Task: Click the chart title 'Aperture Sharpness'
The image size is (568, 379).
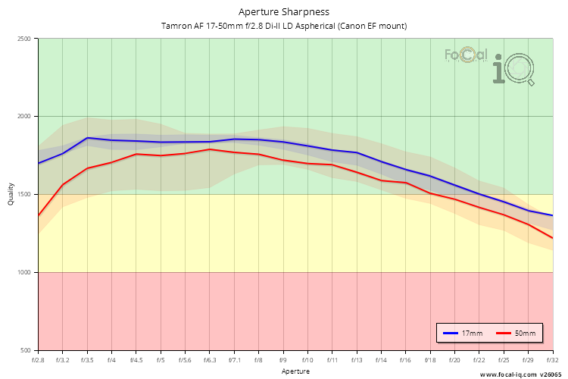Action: point(284,11)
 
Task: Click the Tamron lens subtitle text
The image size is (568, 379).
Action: point(284,26)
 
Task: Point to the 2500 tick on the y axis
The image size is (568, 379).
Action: point(24,39)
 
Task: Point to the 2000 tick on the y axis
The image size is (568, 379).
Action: point(24,117)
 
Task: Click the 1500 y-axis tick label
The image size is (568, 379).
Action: point(24,195)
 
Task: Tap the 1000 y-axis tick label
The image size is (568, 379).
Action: point(24,272)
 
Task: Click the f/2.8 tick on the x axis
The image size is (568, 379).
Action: point(38,360)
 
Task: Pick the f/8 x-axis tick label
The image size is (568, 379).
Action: point(258,360)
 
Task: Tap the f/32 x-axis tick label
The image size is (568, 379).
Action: point(552,360)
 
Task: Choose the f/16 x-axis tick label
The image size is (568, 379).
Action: point(405,360)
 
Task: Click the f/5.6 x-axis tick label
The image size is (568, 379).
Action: point(185,360)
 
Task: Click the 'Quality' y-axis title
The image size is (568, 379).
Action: point(11,195)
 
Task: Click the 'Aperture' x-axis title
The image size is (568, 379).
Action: point(295,371)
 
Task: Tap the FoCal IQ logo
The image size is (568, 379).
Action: point(490,64)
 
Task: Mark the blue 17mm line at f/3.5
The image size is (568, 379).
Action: point(87,138)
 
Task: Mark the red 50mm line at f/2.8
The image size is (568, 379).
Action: point(39,216)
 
